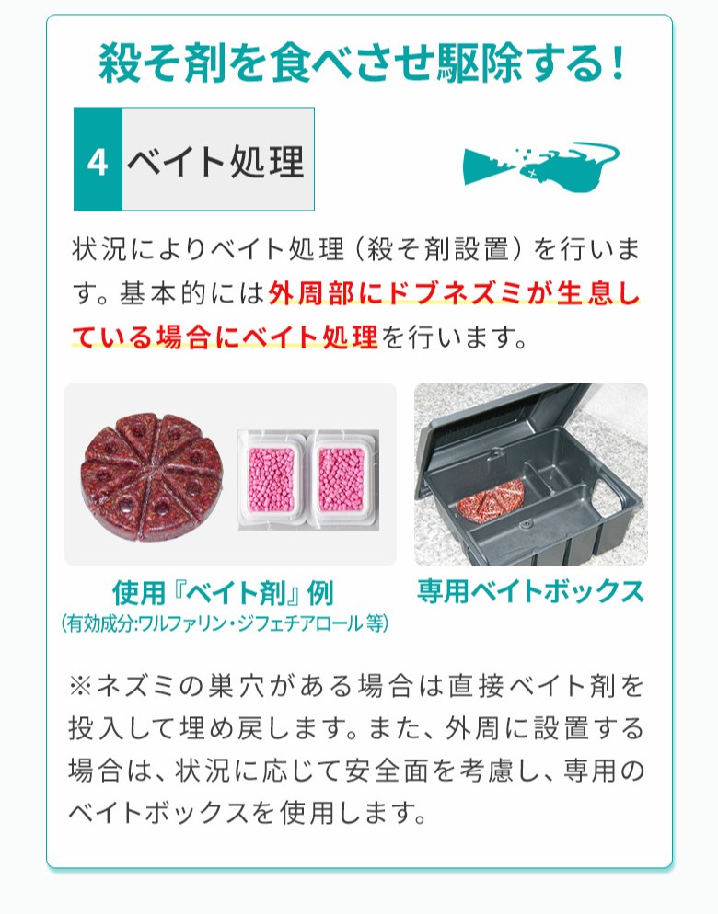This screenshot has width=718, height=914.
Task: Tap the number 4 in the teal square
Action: tap(98, 163)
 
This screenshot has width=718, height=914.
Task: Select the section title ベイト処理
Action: tap(215, 162)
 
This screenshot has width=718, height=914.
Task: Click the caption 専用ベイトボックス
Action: tap(530, 590)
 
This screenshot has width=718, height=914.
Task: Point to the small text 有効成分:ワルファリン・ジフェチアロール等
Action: tap(225, 623)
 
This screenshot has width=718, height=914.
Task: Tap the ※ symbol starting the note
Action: tap(82, 687)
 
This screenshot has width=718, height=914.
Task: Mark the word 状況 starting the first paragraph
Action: tap(98, 250)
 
